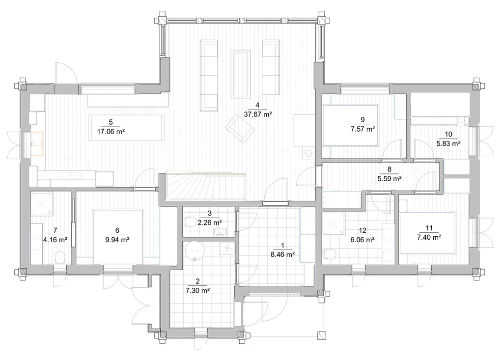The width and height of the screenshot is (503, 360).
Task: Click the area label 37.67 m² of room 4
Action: [258, 114]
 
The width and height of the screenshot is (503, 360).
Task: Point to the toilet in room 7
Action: [59, 257]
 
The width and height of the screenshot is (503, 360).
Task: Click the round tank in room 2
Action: [196, 250]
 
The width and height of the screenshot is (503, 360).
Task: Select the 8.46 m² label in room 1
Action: [282, 254]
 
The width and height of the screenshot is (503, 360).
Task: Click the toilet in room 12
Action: [330, 253]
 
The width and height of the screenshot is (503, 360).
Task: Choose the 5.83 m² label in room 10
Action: [448, 143]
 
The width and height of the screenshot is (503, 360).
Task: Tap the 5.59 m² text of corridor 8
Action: [390, 178]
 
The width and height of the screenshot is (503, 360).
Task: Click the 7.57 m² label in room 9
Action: [363, 129]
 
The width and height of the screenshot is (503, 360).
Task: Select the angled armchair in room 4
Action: [240, 130]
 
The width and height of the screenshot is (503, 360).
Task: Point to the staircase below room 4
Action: [205, 187]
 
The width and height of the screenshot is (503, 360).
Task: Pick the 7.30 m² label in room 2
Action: [197, 290]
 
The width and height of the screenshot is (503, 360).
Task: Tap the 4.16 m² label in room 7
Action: [55, 240]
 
